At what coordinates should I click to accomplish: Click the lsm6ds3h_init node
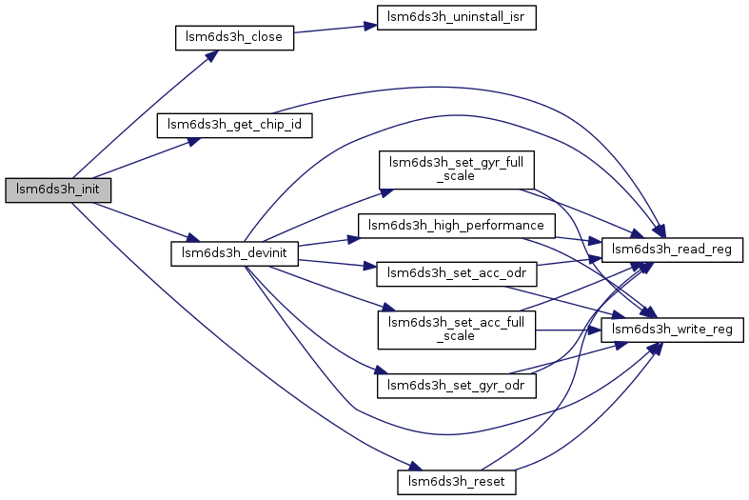(x=58, y=190)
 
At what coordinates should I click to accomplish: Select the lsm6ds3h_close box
(x=233, y=39)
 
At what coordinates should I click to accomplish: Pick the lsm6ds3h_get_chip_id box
(x=235, y=124)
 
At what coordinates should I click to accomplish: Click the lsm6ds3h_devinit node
(x=235, y=253)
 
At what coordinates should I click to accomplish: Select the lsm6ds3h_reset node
(x=456, y=482)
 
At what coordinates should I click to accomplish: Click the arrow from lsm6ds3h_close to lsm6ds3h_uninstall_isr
(x=329, y=30)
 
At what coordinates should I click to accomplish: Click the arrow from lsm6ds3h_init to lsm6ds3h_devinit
(x=143, y=221)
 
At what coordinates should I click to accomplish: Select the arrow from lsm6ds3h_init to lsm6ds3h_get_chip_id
(x=143, y=159)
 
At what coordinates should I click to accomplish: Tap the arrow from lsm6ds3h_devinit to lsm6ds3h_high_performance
(x=328, y=240)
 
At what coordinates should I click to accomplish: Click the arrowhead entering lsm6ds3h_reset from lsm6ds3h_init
(x=414, y=469)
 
